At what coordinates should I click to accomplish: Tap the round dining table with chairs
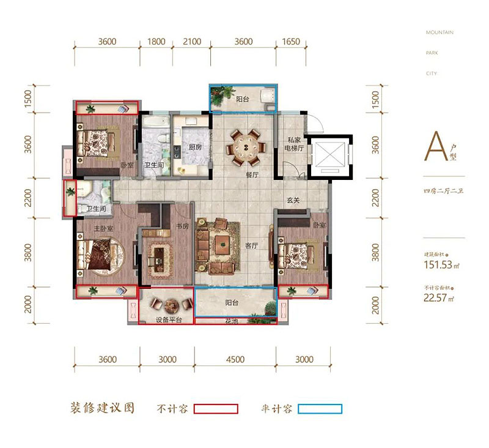pyautogui.click(x=245, y=147)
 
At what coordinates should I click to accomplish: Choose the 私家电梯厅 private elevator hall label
pyautogui.click(x=292, y=147)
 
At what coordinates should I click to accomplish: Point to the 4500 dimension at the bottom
pyautogui.click(x=235, y=360)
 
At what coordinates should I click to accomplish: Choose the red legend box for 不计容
pyautogui.click(x=215, y=409)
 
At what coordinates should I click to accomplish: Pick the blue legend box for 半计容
pyautogui.click(x=320, y=409)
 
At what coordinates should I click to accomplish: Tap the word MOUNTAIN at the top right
pyautogui.click(x=439, y=32)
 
